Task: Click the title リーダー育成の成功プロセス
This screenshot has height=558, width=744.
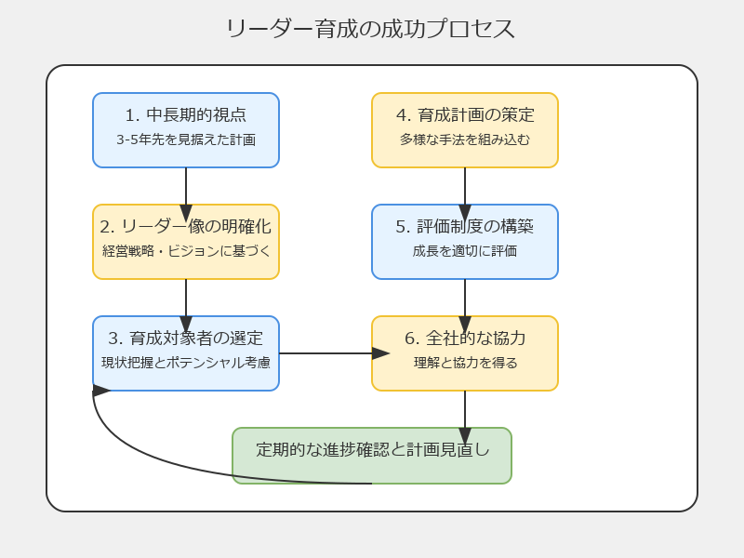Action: tap(370, 29)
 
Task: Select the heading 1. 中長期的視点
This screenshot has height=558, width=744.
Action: tap(186, 114)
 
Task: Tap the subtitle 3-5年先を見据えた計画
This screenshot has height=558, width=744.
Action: tap(186, 139)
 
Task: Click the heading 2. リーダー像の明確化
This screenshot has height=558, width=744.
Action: tap(186, 226)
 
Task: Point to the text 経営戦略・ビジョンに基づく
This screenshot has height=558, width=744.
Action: tap(186, 250)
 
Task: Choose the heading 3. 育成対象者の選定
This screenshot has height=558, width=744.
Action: tap(186, 338)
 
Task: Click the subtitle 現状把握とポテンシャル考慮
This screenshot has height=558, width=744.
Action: tap(186, 363)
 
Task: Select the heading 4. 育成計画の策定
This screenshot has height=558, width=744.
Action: tap(465, 114)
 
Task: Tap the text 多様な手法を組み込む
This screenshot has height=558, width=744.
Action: tap(465, 139)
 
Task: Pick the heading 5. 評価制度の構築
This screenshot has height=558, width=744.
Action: tap(465, 226)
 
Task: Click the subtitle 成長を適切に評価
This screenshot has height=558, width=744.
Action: tap(465, 250)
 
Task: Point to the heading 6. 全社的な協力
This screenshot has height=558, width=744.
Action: tap(465, 338)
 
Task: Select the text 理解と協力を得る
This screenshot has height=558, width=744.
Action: tap(465, 363)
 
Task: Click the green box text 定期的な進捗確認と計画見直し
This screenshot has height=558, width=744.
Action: tap(372, 449)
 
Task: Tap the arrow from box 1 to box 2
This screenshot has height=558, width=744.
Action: tap(186, 194)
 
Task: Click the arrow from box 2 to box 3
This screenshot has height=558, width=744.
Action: tap(186, 306)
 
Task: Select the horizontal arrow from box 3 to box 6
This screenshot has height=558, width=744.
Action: tap(334, 353)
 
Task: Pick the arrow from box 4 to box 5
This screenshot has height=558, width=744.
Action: tap(465, 194)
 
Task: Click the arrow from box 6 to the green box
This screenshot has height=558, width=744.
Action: tap(465, 418)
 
